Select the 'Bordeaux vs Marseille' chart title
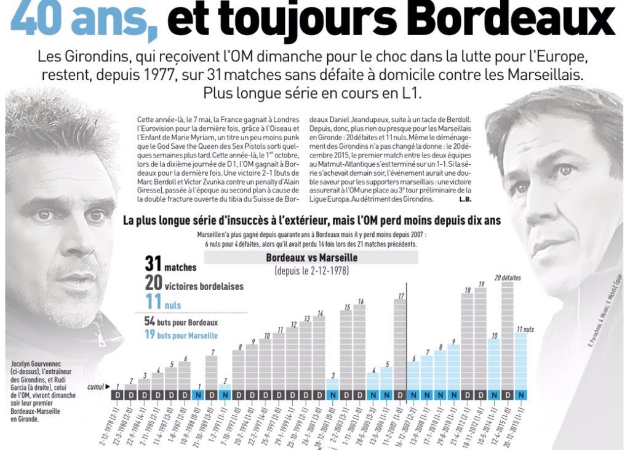coord(311,258)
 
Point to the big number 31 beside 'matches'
coord(153,264)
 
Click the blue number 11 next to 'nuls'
coord(153,301)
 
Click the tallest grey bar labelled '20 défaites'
coord(507,335)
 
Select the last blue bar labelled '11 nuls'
coord(520,361)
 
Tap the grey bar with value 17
coord(400,344)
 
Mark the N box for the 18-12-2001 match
coord(332,395)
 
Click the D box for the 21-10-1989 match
coord(211,395)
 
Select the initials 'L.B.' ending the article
coord(465,200)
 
